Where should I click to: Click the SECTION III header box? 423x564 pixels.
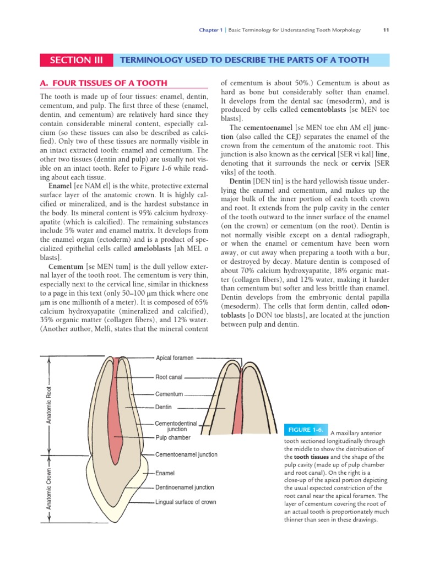click(75, 60)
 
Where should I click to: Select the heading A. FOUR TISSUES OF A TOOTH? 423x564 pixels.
click(104, 83)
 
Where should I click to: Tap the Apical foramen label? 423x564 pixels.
click(175, 358)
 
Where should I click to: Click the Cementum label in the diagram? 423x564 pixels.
click(169, 394)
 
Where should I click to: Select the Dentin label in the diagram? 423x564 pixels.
click(164, 407)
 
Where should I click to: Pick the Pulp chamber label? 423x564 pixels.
click(172, 438)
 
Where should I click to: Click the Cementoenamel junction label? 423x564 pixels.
click(186, 455)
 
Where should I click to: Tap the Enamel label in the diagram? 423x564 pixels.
click(165, 473)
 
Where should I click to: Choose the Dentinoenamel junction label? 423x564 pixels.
click(185, 487)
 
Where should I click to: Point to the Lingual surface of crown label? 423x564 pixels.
click(186, 502)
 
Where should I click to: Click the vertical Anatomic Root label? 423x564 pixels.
click(48, 405)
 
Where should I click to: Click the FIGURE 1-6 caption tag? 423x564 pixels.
click(305, 430)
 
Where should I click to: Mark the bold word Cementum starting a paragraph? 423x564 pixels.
click(66, 267)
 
